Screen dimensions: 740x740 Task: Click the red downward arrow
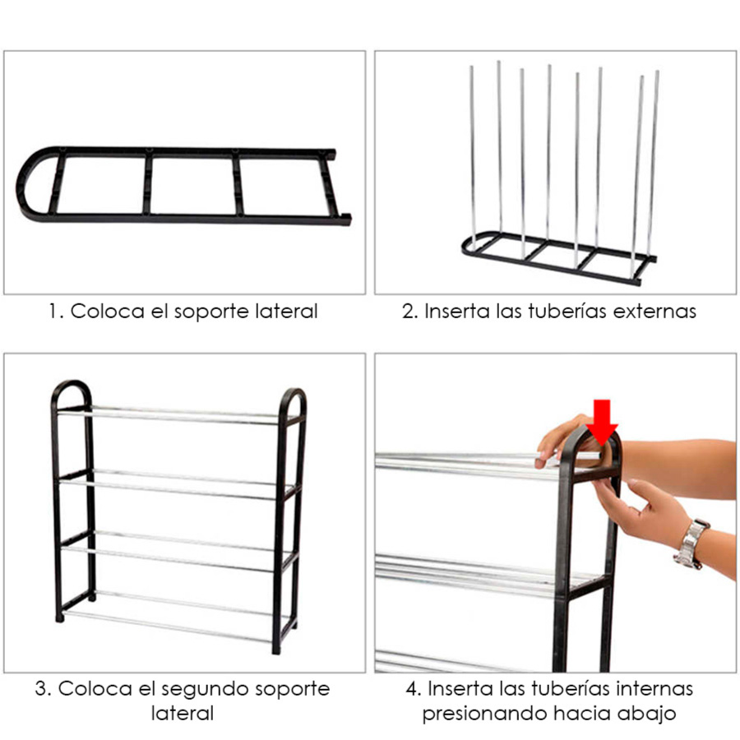tap(602, 423)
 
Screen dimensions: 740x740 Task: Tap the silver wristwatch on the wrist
tap(691, 543)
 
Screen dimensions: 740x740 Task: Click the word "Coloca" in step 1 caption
tap(108, 312)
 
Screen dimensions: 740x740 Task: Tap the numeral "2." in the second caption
tap(410, 312)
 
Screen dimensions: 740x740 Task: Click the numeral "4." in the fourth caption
tap(414, 689)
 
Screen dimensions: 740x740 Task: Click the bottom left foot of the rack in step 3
tap(59, 617)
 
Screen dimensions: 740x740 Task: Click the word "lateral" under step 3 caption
tap(183, 714)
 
